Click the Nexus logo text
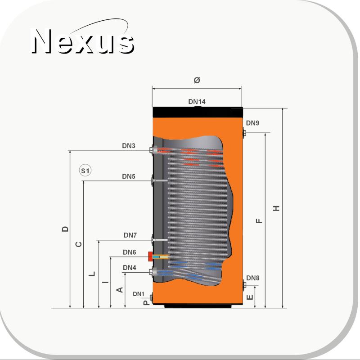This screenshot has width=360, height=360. click(x=83, y=41)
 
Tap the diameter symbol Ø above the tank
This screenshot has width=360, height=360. click(x=197, y=80)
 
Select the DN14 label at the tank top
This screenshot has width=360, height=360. click(x=197, y=102)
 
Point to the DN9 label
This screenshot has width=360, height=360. click(x=252, y=123)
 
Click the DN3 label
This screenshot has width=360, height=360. click(x=129, y=146)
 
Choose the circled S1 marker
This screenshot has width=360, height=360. click(x=85, y=171)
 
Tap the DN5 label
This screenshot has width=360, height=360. click(x=129, y=176)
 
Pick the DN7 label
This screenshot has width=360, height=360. click(x=130, y=235)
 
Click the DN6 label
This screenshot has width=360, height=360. click(x=130, y=252)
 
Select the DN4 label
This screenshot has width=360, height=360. click(x=130, y=268)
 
